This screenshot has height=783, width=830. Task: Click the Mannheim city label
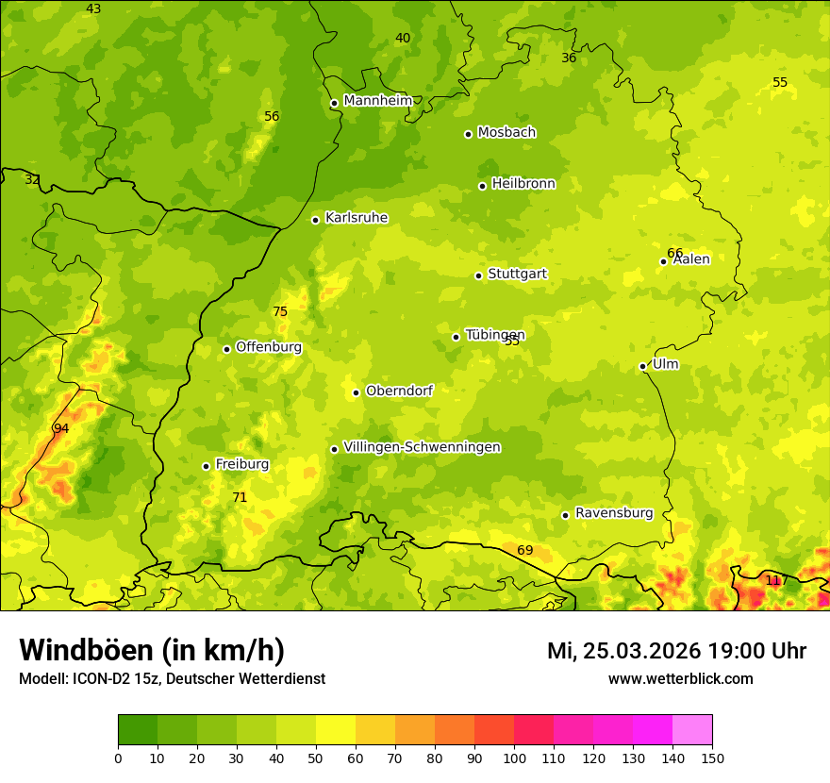[378, 101]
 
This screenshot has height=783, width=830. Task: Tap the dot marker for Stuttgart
[478, 275]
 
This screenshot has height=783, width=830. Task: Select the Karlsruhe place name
[356, 218]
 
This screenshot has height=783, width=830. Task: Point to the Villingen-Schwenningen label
[422, 447]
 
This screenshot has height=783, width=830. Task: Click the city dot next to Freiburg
[206, 466]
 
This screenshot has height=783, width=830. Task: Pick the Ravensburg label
[614, 513]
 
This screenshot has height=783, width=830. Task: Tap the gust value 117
[774, 580]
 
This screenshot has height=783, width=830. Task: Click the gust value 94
[61, 428]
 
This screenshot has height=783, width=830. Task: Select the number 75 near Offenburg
[280, 312]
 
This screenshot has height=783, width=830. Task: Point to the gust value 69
[525, 550]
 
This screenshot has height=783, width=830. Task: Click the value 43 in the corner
[93, 8]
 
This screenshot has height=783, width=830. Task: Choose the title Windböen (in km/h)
[152, 650]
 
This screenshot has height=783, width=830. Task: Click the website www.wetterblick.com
[680, 678]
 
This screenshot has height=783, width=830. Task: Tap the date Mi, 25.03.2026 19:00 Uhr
[676, 651]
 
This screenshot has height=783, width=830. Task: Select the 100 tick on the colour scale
[514, 758]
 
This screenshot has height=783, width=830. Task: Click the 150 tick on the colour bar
[712, 758]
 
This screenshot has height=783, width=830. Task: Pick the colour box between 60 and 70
[375, 730]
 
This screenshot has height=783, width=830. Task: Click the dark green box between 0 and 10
[138, 730]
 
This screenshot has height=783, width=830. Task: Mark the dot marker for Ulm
[642, 366]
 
